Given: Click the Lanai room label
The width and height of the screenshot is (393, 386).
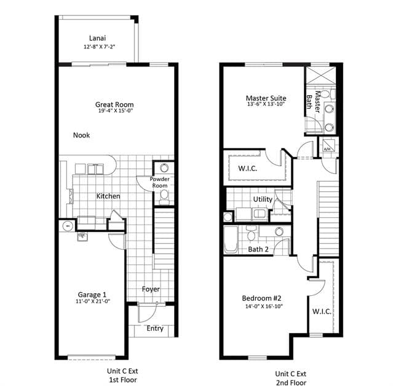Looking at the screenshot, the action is coord(97,38).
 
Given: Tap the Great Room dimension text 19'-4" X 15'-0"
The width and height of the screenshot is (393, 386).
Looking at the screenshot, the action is coord(115,110).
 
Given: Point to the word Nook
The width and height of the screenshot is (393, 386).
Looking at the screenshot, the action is coord(81,135).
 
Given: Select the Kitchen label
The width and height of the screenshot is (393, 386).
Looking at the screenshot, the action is coord(108,196).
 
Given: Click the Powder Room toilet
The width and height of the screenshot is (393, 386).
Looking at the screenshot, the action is coord(164,195).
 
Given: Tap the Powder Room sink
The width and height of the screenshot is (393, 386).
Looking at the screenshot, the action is coord(164,168).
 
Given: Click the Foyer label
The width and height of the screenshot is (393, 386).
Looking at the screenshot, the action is coord(151,289).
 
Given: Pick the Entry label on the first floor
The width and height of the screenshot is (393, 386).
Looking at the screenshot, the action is coord(155,328).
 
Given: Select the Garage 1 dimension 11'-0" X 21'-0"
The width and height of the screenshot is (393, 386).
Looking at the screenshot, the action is coord(93,301).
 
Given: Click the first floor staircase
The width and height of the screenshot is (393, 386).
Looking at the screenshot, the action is coord(164,238).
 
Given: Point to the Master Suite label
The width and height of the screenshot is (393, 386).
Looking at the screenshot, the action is coord(266,98).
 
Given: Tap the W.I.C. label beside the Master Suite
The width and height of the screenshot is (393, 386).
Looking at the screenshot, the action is coord(247,168).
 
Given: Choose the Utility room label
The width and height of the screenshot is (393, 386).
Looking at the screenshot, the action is coord(263,199).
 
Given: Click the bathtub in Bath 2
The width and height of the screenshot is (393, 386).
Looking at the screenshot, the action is coord(231,239).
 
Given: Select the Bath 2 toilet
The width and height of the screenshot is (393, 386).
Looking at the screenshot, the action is coord(251,233).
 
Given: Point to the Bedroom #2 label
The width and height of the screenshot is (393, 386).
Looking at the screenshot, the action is coord(261,298).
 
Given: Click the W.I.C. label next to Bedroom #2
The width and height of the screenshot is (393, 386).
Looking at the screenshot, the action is coord(322,312).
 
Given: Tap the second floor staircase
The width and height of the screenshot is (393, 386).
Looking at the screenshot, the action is coord(328,218).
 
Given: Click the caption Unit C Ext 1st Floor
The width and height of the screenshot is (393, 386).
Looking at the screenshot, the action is coord(122,375).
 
